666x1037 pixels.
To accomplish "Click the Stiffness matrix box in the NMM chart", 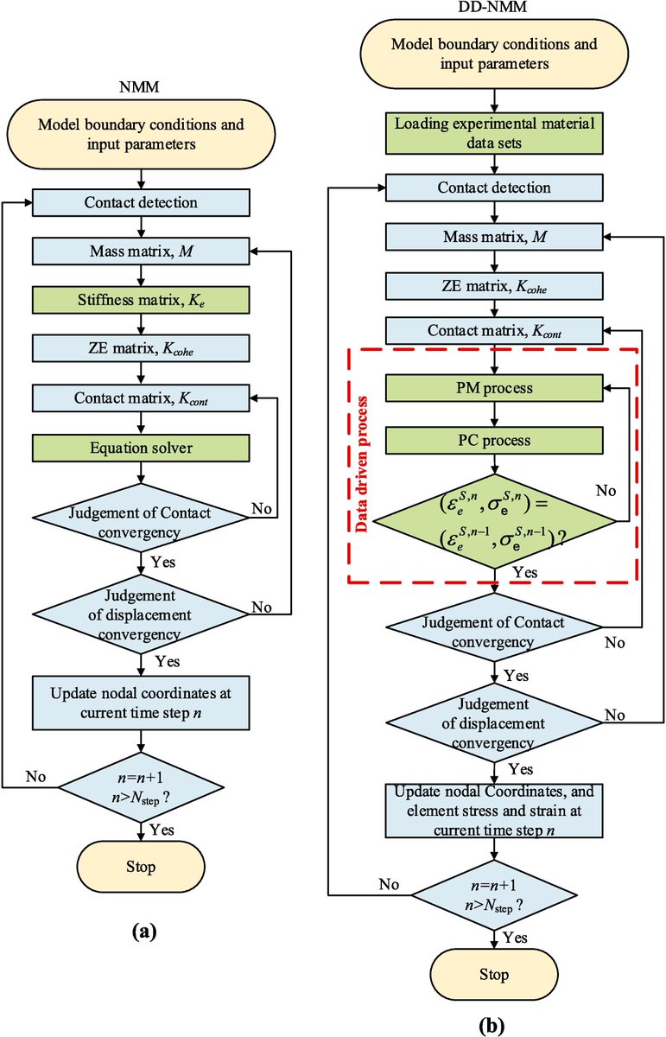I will pos(140,300).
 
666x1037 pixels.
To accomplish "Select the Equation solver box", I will pos(140,448).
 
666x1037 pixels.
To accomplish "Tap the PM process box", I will pos(495,389).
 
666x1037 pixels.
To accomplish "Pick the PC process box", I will pos(495,441).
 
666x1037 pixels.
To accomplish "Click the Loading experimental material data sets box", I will pos(495,132).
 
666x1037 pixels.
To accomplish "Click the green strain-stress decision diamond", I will pos(495,520).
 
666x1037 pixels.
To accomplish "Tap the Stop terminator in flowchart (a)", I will pos(141,867).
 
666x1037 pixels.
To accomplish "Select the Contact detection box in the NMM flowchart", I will pos(140,203).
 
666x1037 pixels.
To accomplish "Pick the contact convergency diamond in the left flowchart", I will pos(140,521).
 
